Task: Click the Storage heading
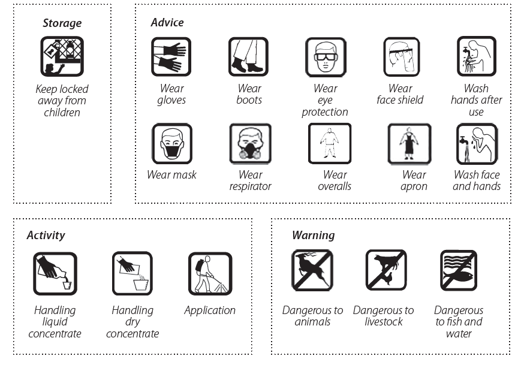tap(62, 23)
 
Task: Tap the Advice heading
tap(167, 22)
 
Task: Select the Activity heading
tap(46, 235)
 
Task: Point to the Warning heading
tap(313, 235)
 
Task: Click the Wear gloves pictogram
tap(171, 56)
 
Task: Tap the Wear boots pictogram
tap(248, 56)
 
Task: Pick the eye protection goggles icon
tap(326, 57)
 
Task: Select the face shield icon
tap(401, 57)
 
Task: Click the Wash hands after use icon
tap(477, 56)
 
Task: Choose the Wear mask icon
tap(172, 143)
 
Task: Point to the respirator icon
tap(250, 143)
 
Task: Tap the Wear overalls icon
tap(330, 143)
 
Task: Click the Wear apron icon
tap(409, 144)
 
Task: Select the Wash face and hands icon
tap(477, 144)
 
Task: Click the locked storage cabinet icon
tap(62, 56)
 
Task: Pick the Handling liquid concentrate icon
tap(55, 273)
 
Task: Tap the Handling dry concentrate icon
tap(132, 273)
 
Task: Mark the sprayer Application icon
tap(210, 273)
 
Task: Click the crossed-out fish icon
tap(459, 270)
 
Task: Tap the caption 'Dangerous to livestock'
tap(383, 316)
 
